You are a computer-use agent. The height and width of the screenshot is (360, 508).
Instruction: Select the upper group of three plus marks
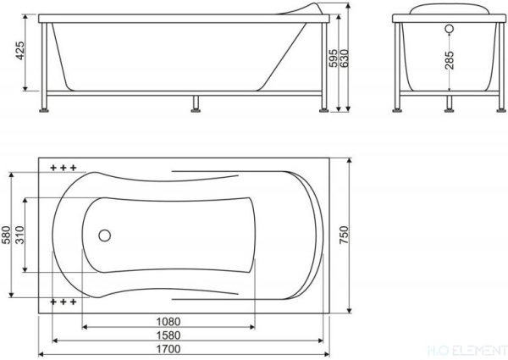tap(63, 169)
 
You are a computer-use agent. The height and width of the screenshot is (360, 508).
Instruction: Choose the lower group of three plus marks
tap(63, 302)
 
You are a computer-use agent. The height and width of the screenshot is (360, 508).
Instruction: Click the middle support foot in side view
tap(197, 102)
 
